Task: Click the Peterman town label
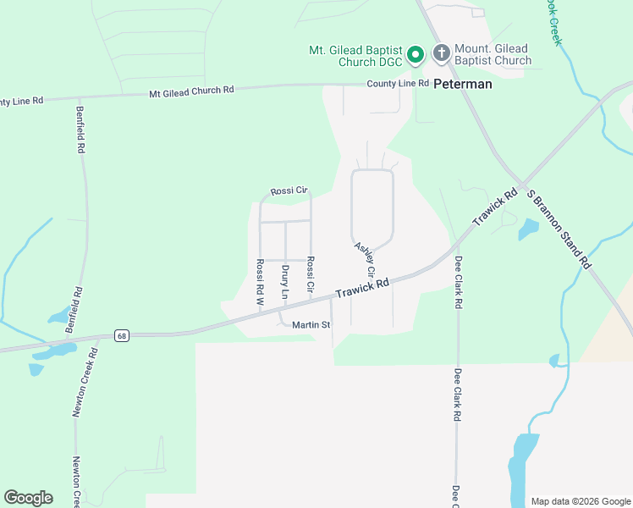click(x=463, y=85)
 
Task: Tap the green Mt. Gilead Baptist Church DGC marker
click(x=416, y=56)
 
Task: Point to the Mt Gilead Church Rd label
click(x=191, y=91)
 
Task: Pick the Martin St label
click(x=311, y=325)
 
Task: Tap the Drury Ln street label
click(x=285, y=282)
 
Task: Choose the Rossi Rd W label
click(x=261, y=282)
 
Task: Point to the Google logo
click(x=28, y=498)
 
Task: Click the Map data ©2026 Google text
click(x=580, y=501)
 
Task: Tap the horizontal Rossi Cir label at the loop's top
click(x=287, y=191)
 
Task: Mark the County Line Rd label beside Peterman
click(x=398, y=84)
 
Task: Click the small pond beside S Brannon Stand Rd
click(x=527, y=228)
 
